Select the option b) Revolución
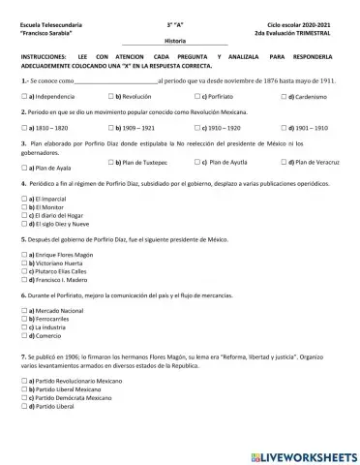112,98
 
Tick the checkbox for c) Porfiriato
197,98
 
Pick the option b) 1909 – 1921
112,127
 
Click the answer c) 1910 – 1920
197,127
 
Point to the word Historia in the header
175,42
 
